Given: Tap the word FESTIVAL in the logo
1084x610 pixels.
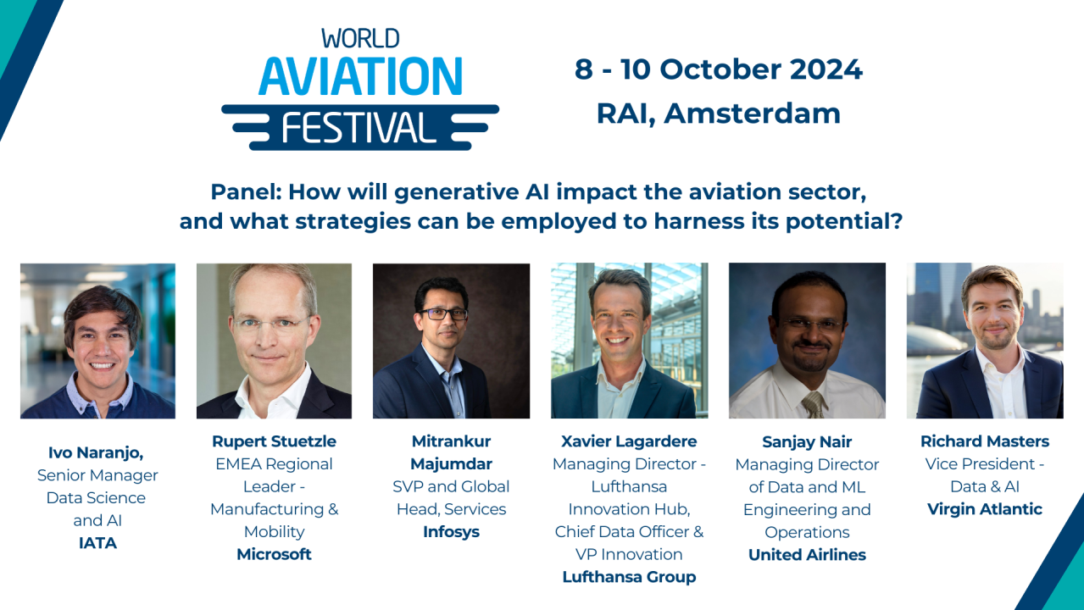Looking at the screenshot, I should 359,127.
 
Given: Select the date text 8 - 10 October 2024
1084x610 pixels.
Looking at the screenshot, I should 718,69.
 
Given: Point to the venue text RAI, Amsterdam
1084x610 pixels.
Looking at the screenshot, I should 718,114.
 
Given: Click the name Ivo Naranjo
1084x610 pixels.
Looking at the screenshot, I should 97,453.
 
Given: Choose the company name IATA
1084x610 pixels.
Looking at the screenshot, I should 97,543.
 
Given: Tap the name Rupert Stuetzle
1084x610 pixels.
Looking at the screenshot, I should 274,441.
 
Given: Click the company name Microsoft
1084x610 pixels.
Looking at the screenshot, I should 274,554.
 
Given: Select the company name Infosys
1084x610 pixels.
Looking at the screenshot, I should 451,532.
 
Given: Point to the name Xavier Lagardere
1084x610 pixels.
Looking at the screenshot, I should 629,441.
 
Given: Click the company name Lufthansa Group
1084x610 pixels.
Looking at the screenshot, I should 629,577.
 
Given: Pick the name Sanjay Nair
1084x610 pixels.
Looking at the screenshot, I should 807,441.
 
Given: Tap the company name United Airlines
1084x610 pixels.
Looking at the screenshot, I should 807,555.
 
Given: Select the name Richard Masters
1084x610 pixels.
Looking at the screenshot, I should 985,441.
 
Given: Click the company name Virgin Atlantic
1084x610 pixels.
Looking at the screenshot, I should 985,509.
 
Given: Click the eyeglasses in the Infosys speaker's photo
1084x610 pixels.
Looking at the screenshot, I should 443,313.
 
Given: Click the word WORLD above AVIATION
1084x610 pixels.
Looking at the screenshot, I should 360,38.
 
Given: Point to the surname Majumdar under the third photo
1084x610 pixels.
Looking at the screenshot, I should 451,464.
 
